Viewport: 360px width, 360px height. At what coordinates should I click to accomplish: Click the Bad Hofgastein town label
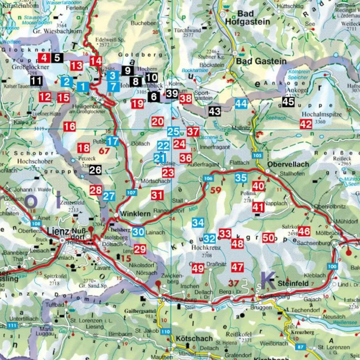[x=253, y=18]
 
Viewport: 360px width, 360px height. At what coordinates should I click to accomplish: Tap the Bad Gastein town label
[x=261, y=61]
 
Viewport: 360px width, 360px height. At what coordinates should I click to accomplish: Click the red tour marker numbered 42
[x=306, y=124]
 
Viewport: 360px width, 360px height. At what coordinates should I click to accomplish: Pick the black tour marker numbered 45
[x=288, y=102]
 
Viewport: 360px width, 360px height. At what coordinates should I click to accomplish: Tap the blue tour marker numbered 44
[x=241, y=104]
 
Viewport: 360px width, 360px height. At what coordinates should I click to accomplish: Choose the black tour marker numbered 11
[x=36, y=81]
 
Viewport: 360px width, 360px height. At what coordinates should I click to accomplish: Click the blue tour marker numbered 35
[x=241, y=178]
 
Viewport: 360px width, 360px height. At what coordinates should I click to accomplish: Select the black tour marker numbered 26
[x=95, y=170]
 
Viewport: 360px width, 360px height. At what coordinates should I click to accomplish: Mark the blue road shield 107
[x=132, y=192]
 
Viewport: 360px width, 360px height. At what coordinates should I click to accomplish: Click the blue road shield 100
[x=332, y=266]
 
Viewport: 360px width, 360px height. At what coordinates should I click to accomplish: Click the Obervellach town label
[x=288, y=164]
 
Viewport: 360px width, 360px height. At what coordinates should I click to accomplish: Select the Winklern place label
[x=131, y=214]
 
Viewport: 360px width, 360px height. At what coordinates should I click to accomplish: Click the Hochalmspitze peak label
[x=321, y=114]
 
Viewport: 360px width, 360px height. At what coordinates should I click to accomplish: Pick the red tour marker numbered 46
[x=304, y=231]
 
